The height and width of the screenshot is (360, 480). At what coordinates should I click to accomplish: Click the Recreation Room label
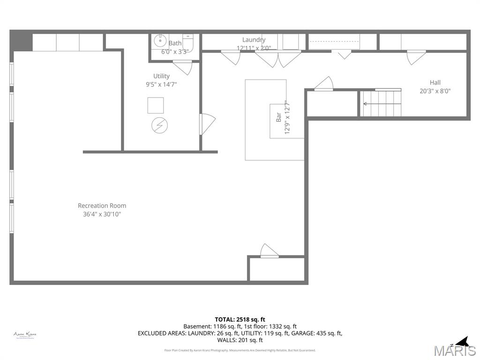coord(102,205)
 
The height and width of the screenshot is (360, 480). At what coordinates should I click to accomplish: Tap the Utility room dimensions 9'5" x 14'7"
coord(161,84)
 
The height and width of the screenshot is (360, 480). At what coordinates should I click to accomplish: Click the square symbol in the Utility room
coord(156,105)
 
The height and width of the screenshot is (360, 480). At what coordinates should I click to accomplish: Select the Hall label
coord(435,82)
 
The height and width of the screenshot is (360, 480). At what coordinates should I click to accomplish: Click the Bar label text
coord(278,117)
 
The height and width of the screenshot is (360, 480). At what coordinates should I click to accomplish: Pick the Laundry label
coord(254,40)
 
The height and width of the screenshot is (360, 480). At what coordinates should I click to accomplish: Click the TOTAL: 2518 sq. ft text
coord(240,319)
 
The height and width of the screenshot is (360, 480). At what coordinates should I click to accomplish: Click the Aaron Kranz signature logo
coord(25,335)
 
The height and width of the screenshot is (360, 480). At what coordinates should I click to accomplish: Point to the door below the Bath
coord(182,67)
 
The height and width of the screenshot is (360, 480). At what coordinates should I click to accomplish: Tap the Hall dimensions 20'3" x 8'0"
coord(435,91)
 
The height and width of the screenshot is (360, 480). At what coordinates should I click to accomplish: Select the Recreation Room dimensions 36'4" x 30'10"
coord(102,214)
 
